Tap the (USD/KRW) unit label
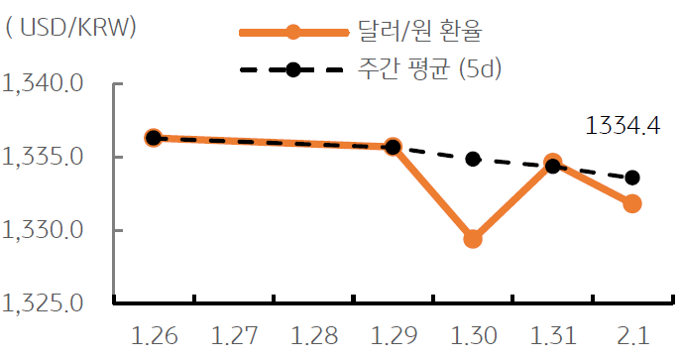coord(71,28)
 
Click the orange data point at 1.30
coord(473,239)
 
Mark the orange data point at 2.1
coord(631,203)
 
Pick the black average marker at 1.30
coord(473,159)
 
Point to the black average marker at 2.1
coord(631,178)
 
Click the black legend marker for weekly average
coord(292,70)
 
